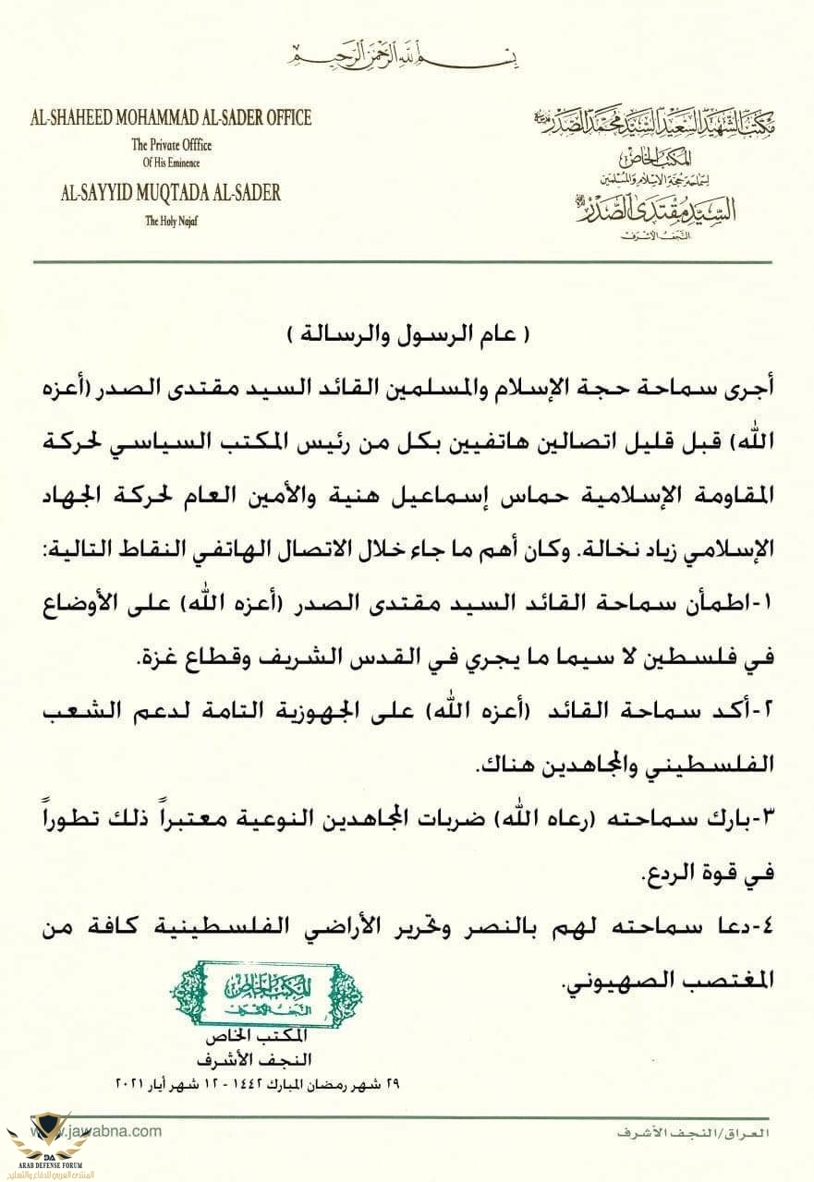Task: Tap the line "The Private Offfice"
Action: click(171, 144)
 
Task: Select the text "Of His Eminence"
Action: click(171, 163)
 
